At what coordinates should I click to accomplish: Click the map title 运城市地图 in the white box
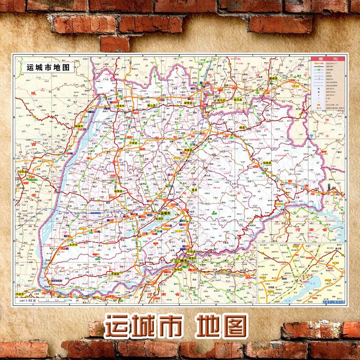pyautogui.click(x=49, y=67)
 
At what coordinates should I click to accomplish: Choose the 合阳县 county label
pyautogui.click(x=23, y=171)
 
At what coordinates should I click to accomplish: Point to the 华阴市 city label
pyautogui.click(x=21, y=295)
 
